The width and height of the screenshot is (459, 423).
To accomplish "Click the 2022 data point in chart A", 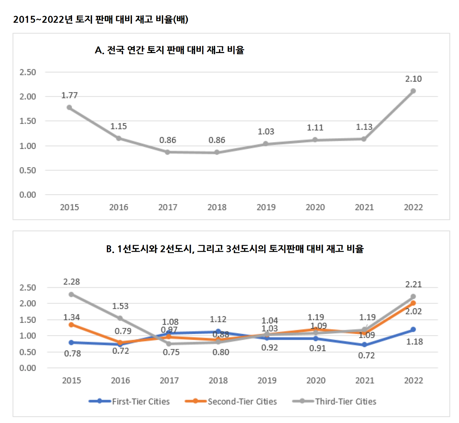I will pos(413,91).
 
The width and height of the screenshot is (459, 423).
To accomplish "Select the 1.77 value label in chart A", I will pos(69,95).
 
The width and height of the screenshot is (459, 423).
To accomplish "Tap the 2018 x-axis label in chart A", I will pos(217,207).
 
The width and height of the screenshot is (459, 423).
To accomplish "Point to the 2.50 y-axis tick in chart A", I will pos(28,72).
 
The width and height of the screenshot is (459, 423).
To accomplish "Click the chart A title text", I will pos(169,50).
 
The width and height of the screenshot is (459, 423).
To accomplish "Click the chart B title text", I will pos(235,249).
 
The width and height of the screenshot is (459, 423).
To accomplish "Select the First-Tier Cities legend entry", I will pos(129,401).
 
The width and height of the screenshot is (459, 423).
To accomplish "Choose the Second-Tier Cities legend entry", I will pos(231,401).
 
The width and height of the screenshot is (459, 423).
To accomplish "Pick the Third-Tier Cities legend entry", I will pos(335,401).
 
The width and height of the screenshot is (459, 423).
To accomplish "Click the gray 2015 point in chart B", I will pos(71,294).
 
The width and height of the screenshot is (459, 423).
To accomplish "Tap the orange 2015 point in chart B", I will pos(71,325).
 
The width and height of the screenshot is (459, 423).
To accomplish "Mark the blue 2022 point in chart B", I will pos(413,329).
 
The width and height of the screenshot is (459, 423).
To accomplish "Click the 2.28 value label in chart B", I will pos(71,282).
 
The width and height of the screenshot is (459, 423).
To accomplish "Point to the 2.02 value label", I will pos(413,312).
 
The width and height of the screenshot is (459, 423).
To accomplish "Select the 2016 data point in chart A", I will pos(118,138).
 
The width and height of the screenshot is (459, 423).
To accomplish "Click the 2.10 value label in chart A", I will pos(413,79).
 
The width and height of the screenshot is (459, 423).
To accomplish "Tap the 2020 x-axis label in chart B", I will pos(316,380).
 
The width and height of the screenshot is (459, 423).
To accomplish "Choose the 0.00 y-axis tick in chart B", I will pos(28,368).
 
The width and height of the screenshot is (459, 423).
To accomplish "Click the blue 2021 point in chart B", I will pos(364,344).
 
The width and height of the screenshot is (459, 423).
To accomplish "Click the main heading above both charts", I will pos(101,19).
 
